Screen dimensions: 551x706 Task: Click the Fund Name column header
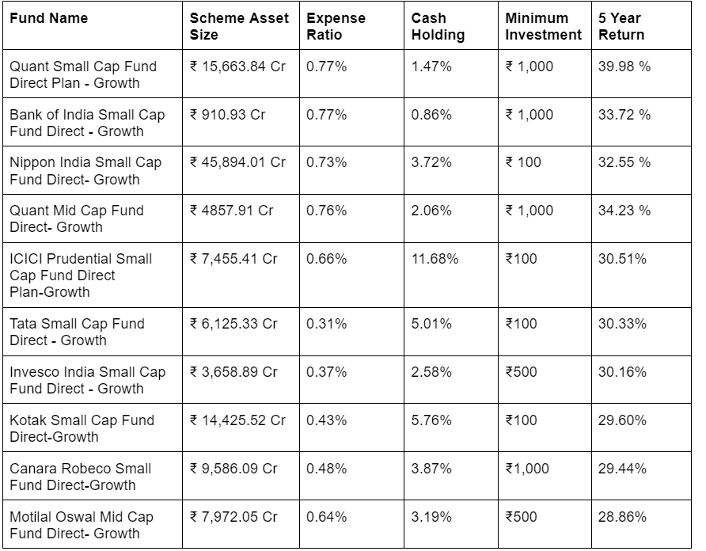49,18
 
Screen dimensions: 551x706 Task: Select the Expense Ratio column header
336,26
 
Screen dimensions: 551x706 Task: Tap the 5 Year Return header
622,26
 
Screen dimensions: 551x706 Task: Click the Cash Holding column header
438,26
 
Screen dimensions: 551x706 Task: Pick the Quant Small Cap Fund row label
83,74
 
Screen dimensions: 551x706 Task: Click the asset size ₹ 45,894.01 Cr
237,162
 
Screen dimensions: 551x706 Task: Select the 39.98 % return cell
624,66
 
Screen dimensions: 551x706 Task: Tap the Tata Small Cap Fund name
78,332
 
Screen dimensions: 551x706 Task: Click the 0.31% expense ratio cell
326,324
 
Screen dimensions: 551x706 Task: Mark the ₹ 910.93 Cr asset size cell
228,115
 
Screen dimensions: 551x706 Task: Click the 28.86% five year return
622,517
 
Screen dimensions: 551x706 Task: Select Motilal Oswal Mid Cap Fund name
82,525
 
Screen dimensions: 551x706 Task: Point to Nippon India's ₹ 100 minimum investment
523,162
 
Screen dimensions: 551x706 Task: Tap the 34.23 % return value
624,211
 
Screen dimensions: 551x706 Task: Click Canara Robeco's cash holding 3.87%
431,469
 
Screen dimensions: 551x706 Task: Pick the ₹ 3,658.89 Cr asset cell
234,372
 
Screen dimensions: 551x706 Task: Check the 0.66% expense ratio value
326,259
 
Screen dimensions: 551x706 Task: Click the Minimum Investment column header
544,26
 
